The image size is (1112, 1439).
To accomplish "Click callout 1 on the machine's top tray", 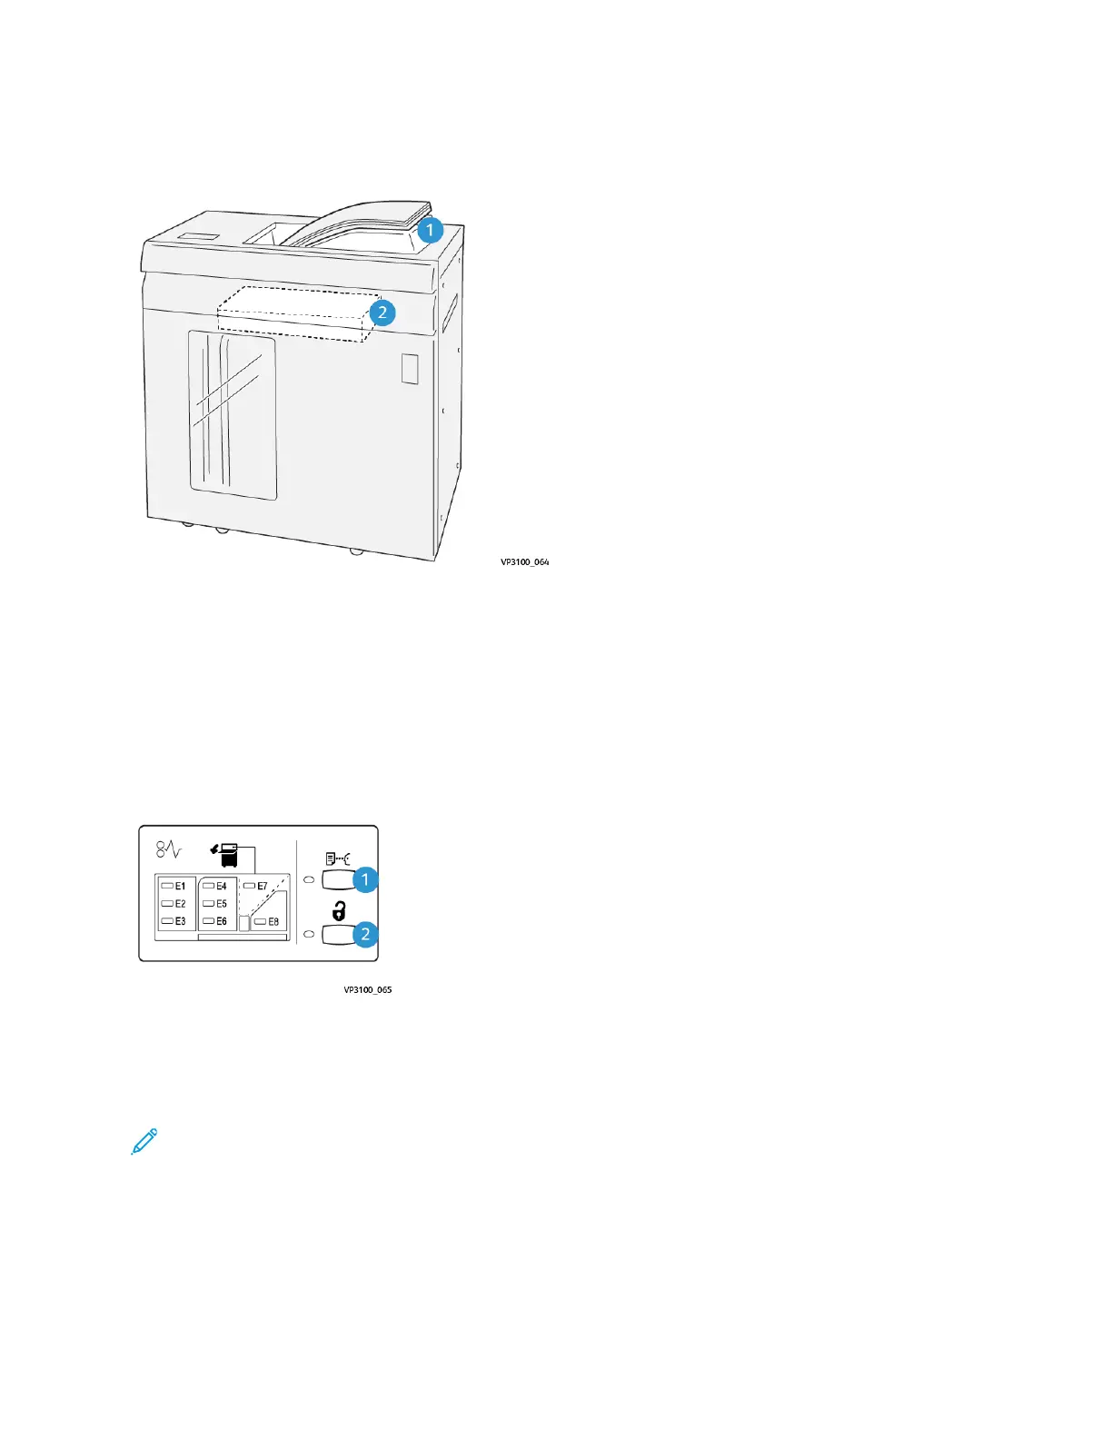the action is coord(430,230).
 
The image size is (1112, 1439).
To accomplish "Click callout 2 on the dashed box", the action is coord(382,313).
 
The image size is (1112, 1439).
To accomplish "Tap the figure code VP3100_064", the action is coord(524,562).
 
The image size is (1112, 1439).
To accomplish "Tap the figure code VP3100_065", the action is coord(367,990).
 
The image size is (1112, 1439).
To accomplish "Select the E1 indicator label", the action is coord(180,886).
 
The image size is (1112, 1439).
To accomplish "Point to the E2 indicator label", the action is coord(180,904).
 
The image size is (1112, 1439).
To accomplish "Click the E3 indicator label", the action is coord(180,921).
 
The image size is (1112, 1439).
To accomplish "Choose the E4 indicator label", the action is coord(221,886).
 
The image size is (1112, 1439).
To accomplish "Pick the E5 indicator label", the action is coord(221,904).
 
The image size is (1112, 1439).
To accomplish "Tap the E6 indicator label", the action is coord(221,921).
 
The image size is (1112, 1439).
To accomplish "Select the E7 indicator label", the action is coord(262,886).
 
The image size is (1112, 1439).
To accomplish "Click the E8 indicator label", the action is coord(273,922).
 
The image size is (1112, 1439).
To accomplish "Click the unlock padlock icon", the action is coord(338,910).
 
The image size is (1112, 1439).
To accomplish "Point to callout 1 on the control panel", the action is coord(365,879).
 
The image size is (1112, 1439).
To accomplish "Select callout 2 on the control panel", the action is coord(365,934).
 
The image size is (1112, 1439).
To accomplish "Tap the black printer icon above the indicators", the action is coord(227,854).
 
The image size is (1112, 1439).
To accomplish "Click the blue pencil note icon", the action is coord(144,1141).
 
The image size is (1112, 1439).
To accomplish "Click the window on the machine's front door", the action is coord(233,414).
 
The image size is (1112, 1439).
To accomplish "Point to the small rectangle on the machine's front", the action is coord(410,369).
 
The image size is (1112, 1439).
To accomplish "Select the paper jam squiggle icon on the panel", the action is coord(169,850).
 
